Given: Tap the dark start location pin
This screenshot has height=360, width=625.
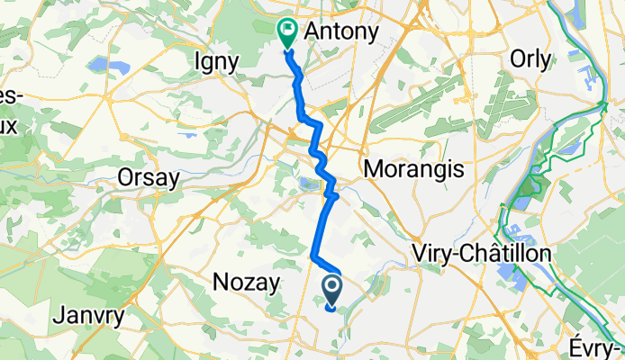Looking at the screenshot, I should coord(331,291).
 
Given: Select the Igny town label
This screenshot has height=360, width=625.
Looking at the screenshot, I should coord(216,62).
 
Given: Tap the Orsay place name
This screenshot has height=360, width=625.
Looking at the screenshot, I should coord(149,178).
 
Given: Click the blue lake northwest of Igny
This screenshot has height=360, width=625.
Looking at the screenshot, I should coord(96,64).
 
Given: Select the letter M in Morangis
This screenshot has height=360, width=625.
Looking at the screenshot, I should coord(372,169).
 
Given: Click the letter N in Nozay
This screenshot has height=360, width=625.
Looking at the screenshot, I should coord(219,283).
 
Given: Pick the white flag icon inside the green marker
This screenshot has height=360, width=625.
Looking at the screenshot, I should coord(287,30).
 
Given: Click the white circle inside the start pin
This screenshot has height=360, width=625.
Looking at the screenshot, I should coord(331,287).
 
